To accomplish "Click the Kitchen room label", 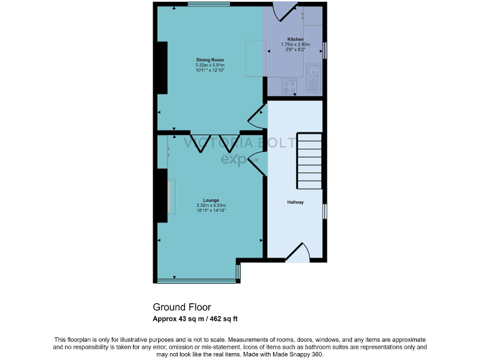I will coord(295,39).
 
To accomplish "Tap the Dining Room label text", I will coord(210,60).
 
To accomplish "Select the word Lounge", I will coord(211,200).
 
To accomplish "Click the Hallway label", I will coord(295,202).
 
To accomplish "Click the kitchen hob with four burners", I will coord(289,86).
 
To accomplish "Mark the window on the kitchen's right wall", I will coord(324,50).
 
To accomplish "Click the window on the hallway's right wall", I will coord(324,211).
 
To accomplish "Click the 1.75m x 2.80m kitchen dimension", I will coord(295,44).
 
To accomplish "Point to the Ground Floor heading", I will coord(182,307).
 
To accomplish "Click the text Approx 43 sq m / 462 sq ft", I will coord(196,319).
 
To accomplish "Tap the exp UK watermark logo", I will coord(237,160).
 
